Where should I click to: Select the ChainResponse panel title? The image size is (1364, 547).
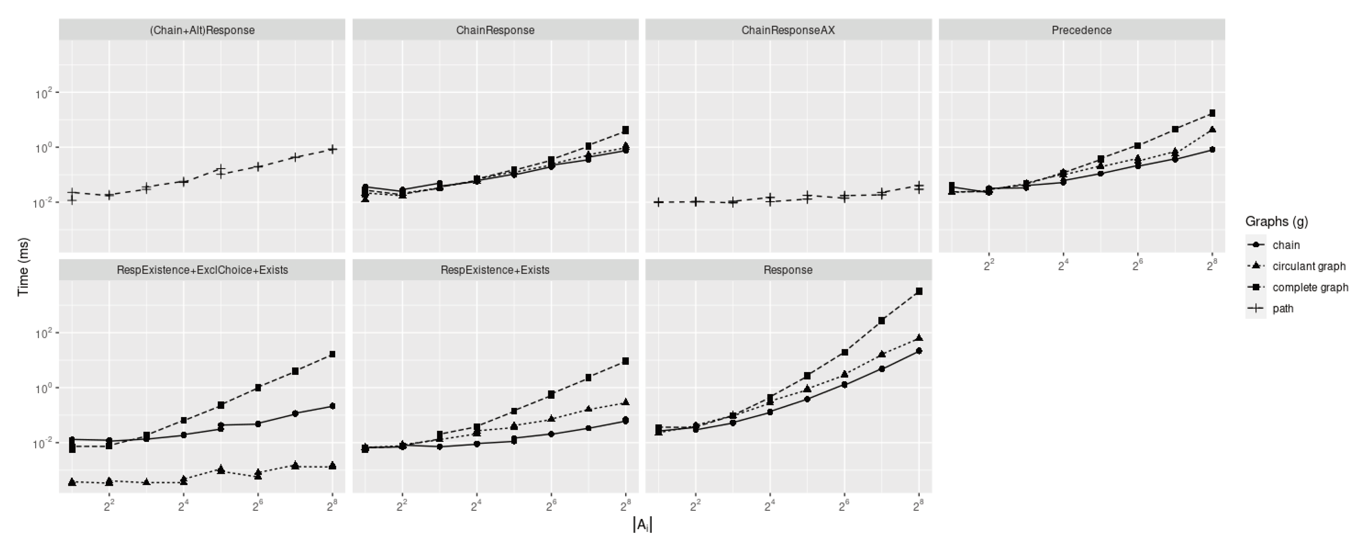[x=495, y=30]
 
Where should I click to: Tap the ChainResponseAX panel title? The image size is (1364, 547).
[x=788, y=30]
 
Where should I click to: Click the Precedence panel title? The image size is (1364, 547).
[x=1081, y=30]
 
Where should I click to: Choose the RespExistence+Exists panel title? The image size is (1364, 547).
[x=495, y=270]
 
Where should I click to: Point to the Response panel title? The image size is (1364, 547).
[x=788, y=270]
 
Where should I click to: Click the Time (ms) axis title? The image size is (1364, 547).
[x=23, y=267]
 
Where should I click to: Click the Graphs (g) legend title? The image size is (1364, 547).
[x=1276, y=222]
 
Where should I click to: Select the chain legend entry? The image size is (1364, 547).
[x=1286, y=245]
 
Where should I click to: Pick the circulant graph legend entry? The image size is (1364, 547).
[x=1308, y=266]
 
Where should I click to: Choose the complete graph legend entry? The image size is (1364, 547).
[x=1310, y=287]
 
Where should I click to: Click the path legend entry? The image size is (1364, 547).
[x=1282, y=309]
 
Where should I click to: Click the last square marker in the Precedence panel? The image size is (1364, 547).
[x=1212, y=114]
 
